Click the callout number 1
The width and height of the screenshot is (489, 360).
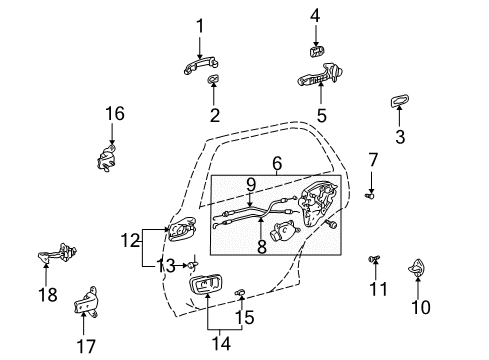199,25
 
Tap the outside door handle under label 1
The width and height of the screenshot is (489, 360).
199,68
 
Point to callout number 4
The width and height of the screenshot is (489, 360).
314,15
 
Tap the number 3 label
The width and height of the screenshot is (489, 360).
401,137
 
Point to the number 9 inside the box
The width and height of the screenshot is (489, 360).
251,183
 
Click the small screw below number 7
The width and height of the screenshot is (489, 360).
369,196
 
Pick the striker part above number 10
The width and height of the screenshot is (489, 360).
418,267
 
